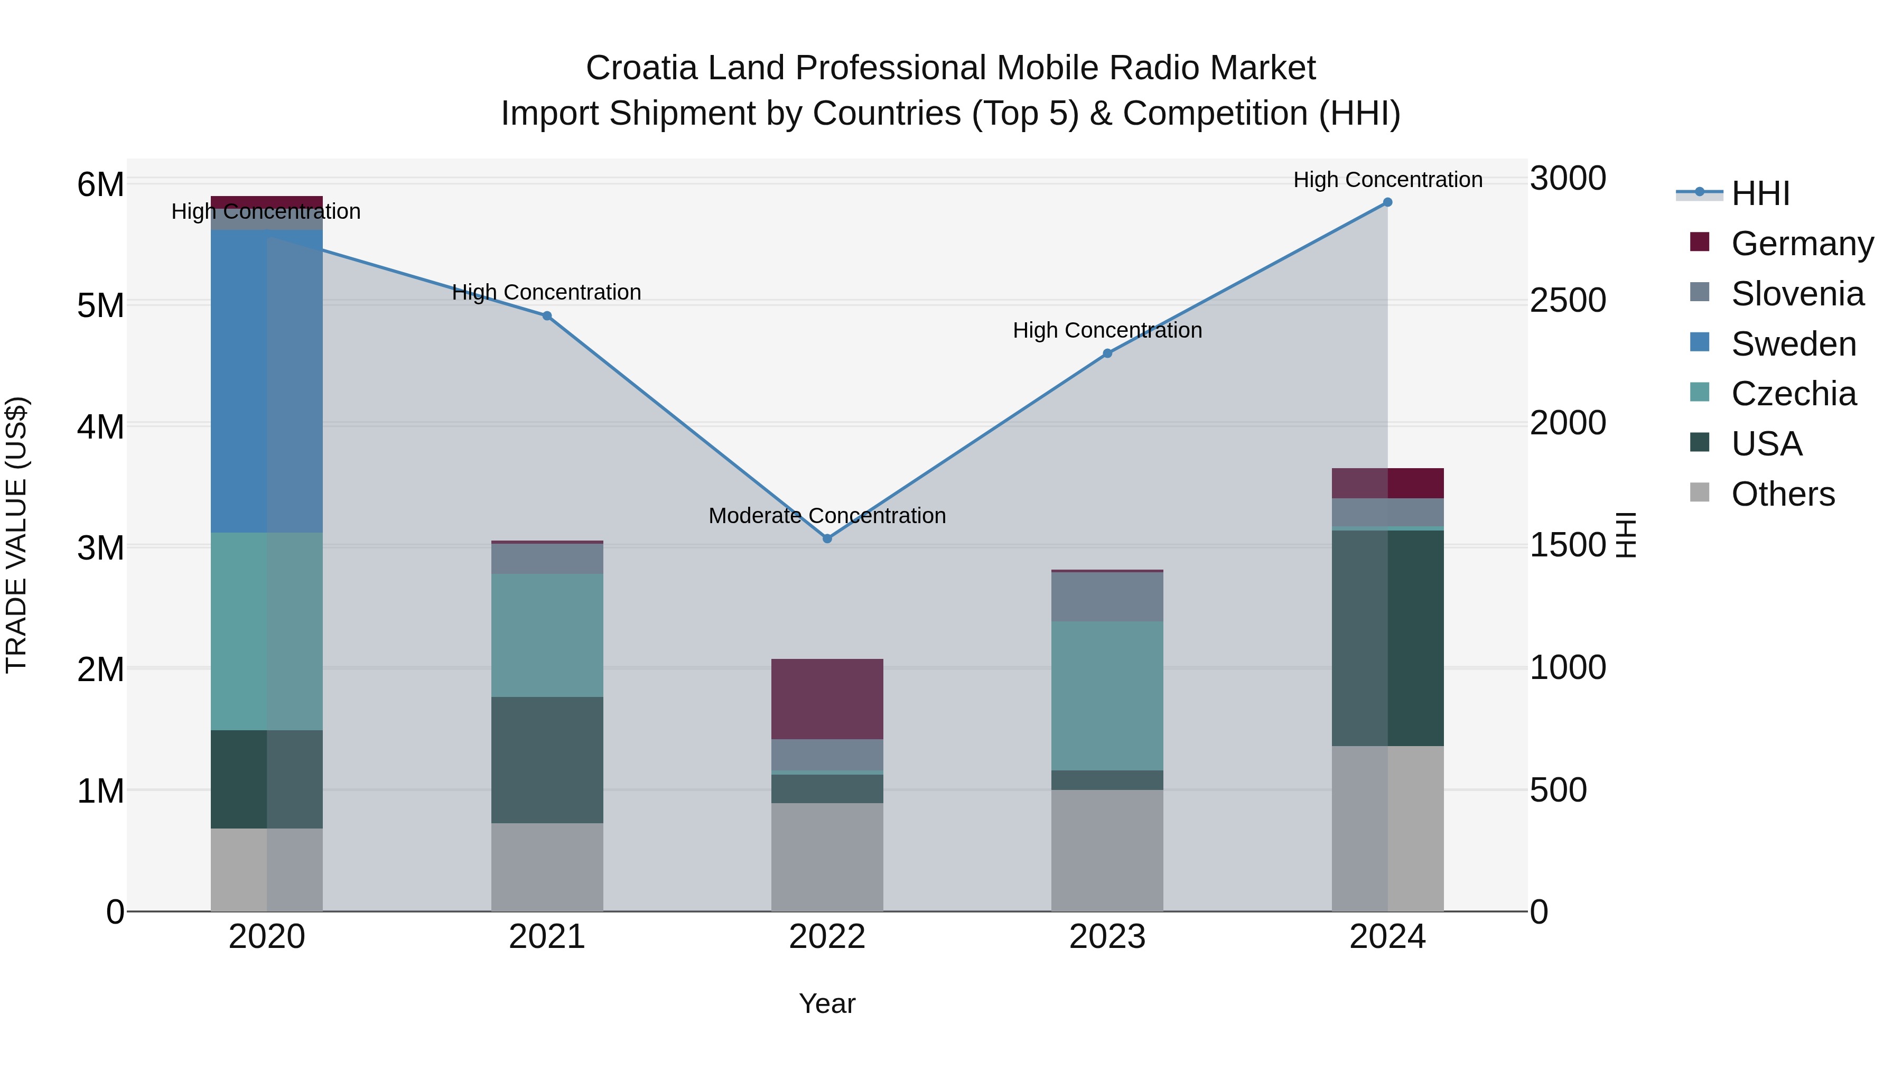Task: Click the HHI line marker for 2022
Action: coord(827,538)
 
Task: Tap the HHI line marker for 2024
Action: coord(1387,202)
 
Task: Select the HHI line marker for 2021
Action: coord(547,316)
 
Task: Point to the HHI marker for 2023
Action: coord(1107,353)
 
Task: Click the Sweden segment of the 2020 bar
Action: coord(267,381)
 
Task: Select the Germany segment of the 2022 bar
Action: coord(827,699)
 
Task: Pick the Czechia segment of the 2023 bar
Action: coord(1107,695)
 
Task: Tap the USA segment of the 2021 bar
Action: coord(547,759)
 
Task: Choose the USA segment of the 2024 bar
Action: coord(1387,638)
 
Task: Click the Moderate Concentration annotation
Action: coord(827,515)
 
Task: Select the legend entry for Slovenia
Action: coord(1797,294)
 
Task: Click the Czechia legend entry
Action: coord(1793,394)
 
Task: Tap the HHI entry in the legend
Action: coord(1760,193)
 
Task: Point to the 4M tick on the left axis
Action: coord(100,426)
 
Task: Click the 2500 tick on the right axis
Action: coord(1568,301)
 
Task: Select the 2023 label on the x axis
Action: coord(1107,937)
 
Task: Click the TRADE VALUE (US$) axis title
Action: coord(16,535)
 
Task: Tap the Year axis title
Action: coord(827,1003)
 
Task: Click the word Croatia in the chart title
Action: coord(641,68)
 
